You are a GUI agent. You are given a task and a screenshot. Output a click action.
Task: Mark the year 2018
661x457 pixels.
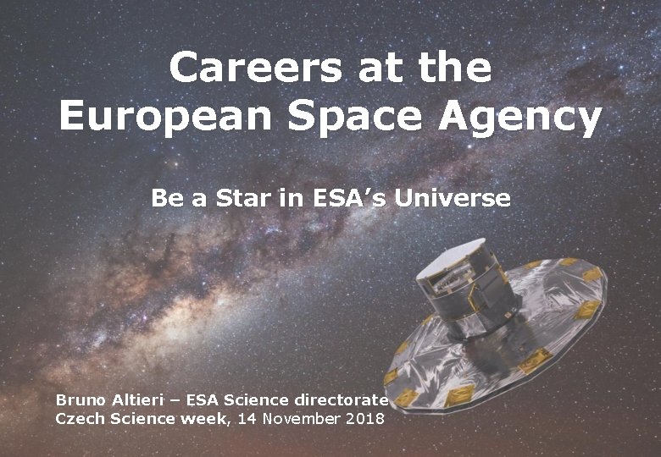click(x=365, y=418)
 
